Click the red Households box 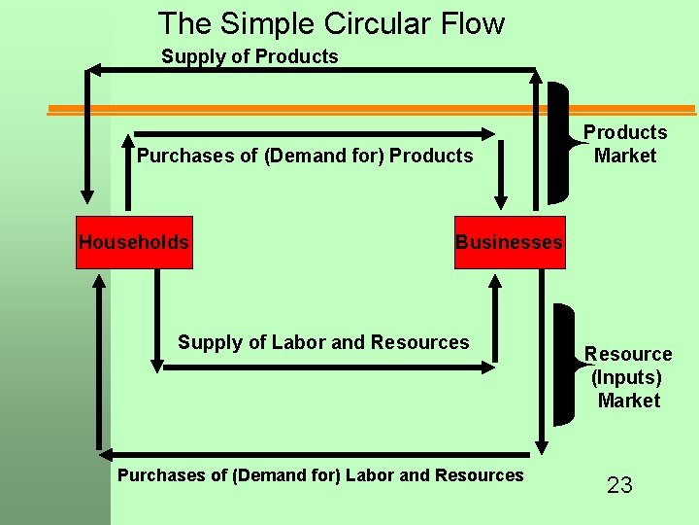[134, 242]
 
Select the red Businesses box [508, 242]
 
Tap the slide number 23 [619, 484]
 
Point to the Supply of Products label [250, 56]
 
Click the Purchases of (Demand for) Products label [305, 156]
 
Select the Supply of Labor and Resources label [322, 342]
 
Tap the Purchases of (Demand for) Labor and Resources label [319, 475]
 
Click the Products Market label [624, 144]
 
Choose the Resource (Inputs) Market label [628, 377]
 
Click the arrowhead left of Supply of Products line [94, 69]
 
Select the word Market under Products [625, 156]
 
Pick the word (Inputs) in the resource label [626, 377]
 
